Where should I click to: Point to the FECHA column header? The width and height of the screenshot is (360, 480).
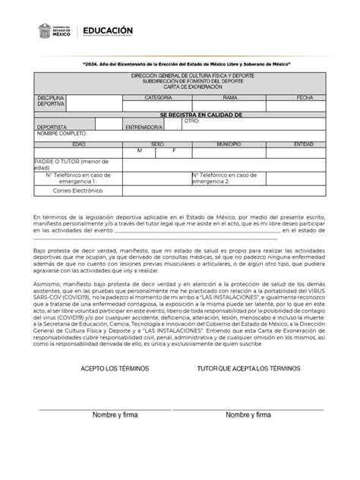click(x=305, y=99)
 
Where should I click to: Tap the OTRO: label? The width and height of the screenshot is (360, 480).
click(x=192, y=121)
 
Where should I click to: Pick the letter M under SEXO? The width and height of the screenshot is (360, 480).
click(x=139, y=150)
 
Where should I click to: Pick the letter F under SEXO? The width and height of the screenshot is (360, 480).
click(x=175, y=150)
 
